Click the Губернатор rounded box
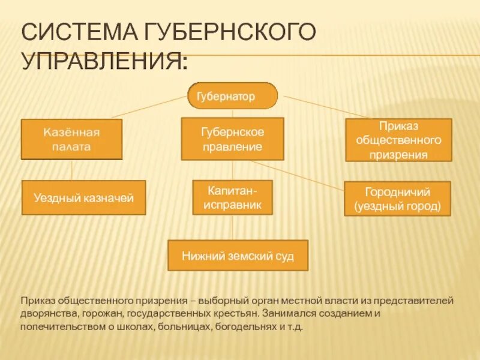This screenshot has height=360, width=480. click(x=232, y=96)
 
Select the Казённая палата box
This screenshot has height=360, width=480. click(x=71, y=139)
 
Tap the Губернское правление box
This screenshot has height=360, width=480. click(x=232, y=139)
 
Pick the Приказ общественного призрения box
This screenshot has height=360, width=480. click(x=398, y=140)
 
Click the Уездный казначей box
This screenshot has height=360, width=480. click(x=83, y=197)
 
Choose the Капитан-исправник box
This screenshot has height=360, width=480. click(x=232, y=197)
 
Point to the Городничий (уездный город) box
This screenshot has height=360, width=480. click(x=397, y=199)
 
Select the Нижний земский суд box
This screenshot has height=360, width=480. click(x=238, y=256)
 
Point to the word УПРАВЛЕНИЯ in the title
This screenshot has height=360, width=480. click(x=102, y=61)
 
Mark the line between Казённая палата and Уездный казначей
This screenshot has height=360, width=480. click(x=72, y=170)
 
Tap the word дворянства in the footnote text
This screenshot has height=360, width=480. click(x=48, y=313)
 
